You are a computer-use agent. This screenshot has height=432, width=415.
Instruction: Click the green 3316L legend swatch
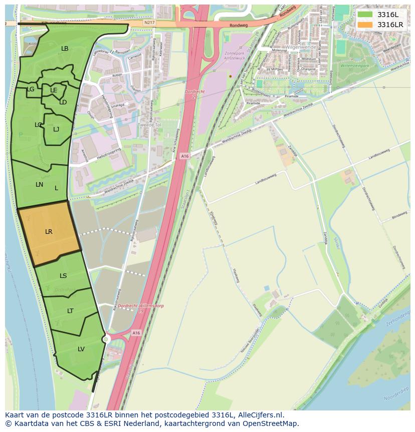pos(365,15)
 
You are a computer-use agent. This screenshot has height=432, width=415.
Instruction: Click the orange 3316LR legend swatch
pos(365,25)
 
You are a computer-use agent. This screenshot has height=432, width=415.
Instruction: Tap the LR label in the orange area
pos(49,232)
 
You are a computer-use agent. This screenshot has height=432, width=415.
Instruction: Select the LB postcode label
pos(65,49)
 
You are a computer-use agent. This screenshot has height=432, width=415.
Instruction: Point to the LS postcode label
pos(63,276)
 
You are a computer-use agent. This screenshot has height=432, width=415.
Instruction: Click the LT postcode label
pos(70,311)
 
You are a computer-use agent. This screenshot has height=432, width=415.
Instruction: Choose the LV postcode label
pos(81,349)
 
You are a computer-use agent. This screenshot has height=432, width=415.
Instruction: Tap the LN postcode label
pos(40,185)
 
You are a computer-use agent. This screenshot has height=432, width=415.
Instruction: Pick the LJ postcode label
pos(56,129)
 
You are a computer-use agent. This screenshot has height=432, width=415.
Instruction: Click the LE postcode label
pos(54,90)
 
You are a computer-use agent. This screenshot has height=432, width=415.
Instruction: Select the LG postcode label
pos(31,89)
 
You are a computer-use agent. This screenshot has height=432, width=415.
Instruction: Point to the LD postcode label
pos(63,102)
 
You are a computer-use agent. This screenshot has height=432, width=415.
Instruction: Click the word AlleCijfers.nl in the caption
pos(259,415)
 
